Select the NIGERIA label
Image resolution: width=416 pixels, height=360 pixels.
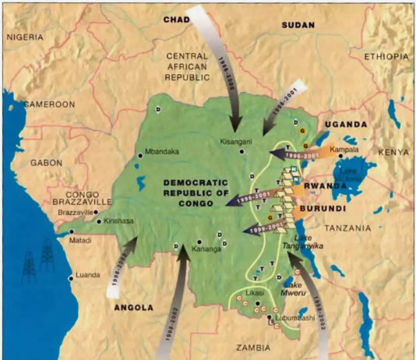coord(25,37)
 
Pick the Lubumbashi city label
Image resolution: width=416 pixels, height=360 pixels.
coord(299,319)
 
